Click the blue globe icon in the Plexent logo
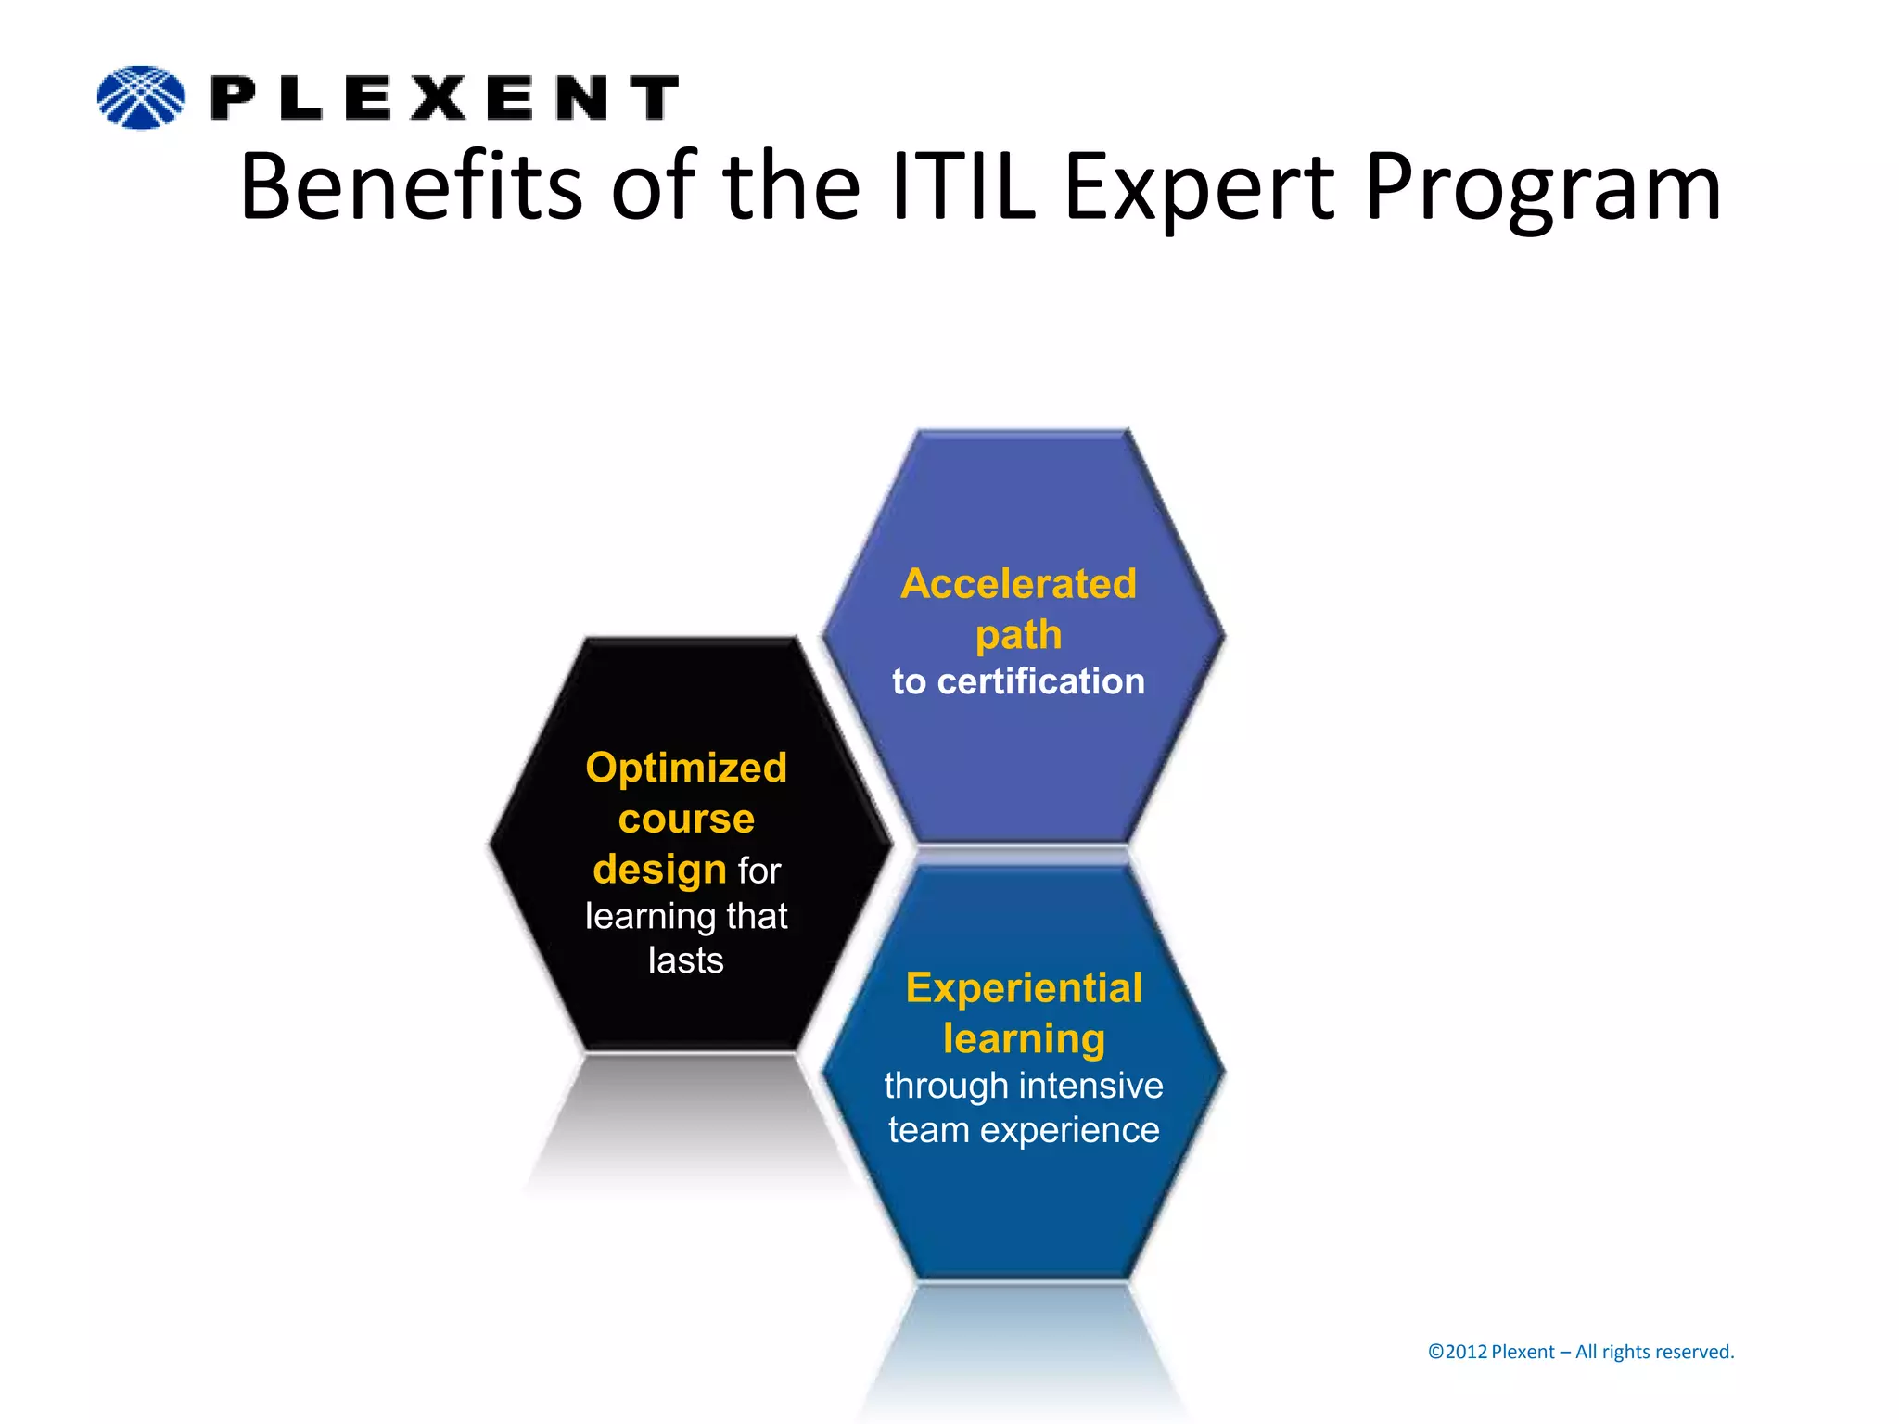pyautogui.click(x=141, y=97)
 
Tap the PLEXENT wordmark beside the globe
pyautogui.click(x=445, y=98)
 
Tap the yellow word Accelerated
pyautogui.click(x=1018, y=584)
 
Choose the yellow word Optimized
pyautogui.click(x=686, y=768)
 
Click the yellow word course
pyautogui.click(x=686, y=819)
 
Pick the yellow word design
pyautogui.click(x=659, y=870)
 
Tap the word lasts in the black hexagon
pyautogui.click(x=686, y=960)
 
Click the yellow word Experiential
pyautogui.click(x=1024, y=988)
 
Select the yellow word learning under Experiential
pyautogui.click(x=1024, y=1039)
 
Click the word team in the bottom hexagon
pyautogui.click(x=928, y=1130)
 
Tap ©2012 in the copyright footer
pyautogui.click(x=1457, y=1352)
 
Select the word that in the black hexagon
pyautogui.click(x=757, y=916)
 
